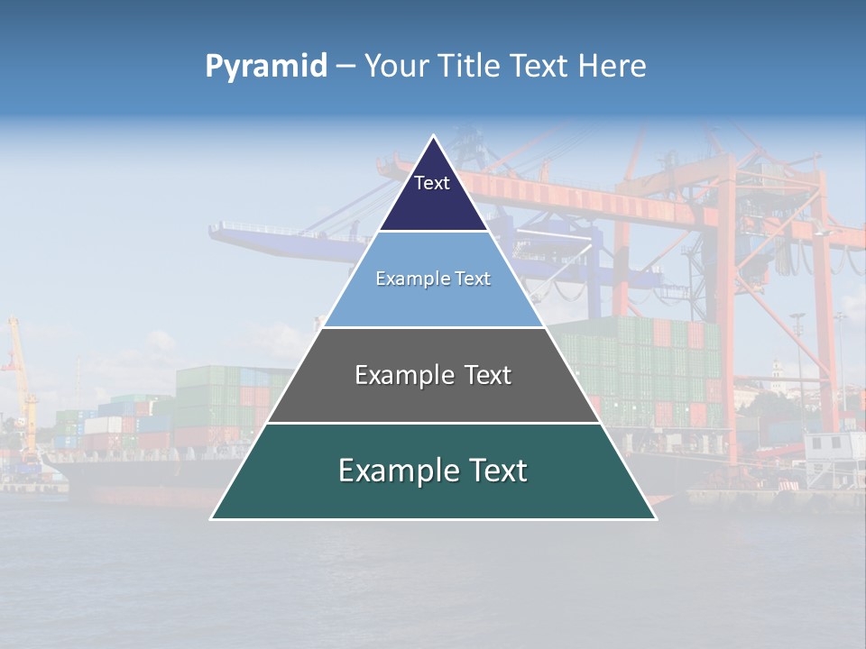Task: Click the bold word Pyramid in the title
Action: coord(266,67)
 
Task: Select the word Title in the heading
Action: coord(470,67)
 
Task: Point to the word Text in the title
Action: coord(541,67)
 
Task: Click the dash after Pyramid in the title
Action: coord(345,67)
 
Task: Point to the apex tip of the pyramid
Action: coord(433,137)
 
